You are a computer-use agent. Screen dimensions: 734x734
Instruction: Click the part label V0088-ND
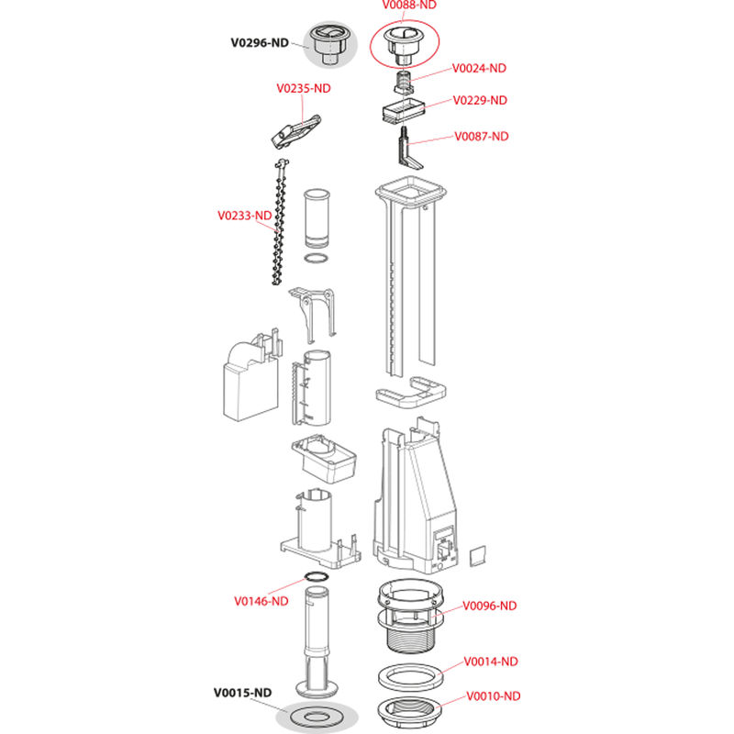point(408,5)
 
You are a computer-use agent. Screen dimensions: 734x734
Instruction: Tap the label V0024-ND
point(480,68)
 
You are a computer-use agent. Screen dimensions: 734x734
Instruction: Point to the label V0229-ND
point(481,100)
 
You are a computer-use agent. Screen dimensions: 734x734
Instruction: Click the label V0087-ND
point(482,137)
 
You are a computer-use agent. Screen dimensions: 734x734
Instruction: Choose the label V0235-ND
point(304,89)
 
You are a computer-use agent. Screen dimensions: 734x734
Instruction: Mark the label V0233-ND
point(245,217)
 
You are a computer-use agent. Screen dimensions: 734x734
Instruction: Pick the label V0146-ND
point(261,601)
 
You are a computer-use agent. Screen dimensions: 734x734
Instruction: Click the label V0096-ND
point(489,606)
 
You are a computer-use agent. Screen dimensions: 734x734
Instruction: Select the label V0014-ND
point(491,662)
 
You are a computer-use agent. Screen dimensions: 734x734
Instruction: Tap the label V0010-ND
point(493,695)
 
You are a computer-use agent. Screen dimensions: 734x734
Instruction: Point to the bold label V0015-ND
point(242,692)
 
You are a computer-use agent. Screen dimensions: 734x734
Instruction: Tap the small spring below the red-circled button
point(401,83)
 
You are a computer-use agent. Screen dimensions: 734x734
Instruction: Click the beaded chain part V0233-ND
point(276,225)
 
